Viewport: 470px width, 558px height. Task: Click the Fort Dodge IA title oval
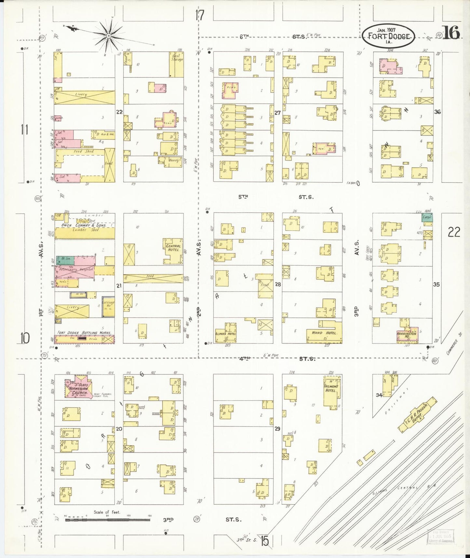tap(389, 36)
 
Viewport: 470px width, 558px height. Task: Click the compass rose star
tap(109, 35)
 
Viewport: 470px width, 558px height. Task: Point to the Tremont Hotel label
tap(331, 388)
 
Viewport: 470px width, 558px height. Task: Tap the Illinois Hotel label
tap(225, 334)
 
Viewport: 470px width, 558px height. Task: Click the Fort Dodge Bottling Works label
tap(84, 333)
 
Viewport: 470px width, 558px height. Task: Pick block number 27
tap(277, 113)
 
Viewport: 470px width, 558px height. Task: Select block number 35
tap(436, 284)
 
